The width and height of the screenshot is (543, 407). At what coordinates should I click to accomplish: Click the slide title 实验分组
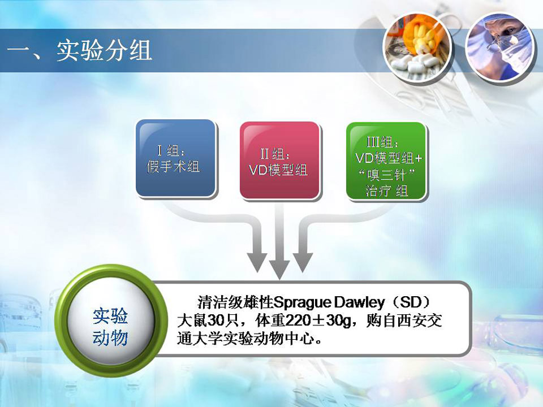click(x=104, y=51)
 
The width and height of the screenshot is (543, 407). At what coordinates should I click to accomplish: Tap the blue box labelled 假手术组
click(x=176, y=158)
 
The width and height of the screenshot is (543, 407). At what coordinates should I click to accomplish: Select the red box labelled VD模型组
click(x=279, y=161)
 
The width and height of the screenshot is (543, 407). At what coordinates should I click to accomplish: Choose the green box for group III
click(x=386, y=161)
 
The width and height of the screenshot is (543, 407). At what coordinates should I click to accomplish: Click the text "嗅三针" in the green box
click(x=386, y=175)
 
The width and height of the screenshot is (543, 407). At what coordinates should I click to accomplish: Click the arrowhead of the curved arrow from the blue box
click(x=257, y=262)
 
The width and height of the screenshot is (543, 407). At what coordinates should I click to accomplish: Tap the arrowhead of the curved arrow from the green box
click(x=303, y=262)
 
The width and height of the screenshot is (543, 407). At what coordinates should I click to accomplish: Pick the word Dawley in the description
click(x=360, y=303)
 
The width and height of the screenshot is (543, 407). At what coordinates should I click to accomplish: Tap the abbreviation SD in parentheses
click(x=411, y=302)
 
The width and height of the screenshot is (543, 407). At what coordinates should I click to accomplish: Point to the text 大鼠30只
click(x=208, y=321)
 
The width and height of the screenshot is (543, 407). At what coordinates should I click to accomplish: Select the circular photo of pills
click(x=417, y=47)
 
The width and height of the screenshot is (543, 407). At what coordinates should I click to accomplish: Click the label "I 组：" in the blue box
click(x=171, y=151)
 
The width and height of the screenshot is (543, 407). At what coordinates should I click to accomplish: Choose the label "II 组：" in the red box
click(x=275, y=154)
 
